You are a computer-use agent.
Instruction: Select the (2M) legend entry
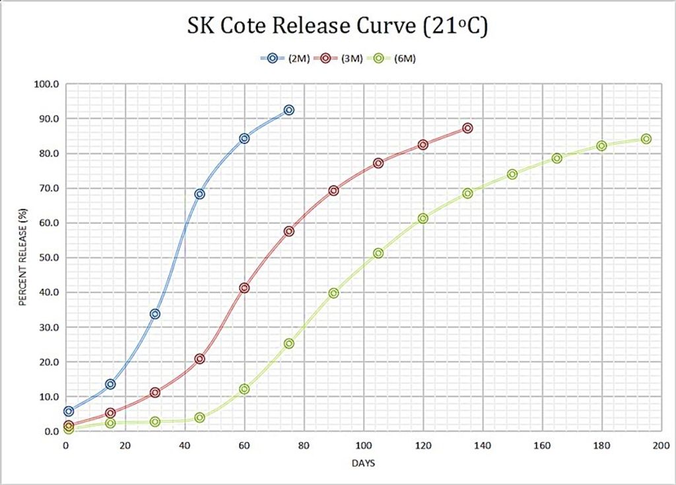(283, 58)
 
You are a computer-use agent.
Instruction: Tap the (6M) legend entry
(393, 58)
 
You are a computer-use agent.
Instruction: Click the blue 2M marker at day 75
(288, 110)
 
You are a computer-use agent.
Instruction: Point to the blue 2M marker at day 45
(199, 194)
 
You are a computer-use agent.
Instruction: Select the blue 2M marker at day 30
(154, 314)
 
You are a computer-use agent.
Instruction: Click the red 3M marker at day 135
(467, 128)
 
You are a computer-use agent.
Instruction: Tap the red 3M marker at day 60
(244, 288)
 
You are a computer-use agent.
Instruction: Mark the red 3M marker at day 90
(333, 191)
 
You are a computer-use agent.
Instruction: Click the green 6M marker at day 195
(646, 139)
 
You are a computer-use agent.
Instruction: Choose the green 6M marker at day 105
(378, 253)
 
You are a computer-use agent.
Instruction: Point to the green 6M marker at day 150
(512, 174)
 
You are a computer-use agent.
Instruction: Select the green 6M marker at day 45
(199, 418)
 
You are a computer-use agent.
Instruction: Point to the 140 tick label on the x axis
(483, 445)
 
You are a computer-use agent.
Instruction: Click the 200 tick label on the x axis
(661, 445)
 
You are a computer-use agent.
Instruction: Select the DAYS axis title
(363, 463)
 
